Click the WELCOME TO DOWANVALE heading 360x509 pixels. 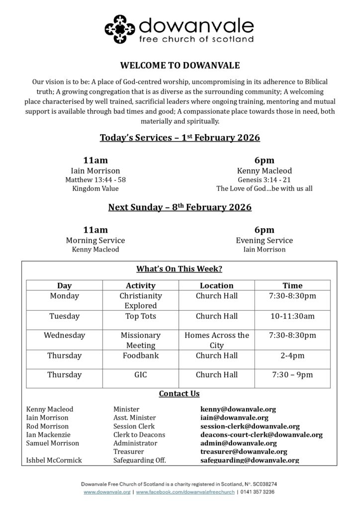180,66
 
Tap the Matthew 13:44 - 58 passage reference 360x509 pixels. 95,179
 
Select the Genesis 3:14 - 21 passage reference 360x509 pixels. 264,179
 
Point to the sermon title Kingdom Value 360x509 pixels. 95,188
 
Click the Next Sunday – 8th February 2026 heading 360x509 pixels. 180,207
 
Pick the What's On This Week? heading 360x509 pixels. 180,269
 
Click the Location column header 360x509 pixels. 216,285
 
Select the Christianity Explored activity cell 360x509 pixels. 141,301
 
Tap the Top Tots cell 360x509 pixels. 141,316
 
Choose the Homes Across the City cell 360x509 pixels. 216,340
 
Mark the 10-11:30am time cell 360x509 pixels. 292,316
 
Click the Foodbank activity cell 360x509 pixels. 141,355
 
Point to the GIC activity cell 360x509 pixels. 141,375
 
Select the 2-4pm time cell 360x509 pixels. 292,355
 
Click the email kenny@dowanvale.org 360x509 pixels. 238,409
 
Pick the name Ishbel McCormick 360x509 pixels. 54,460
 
